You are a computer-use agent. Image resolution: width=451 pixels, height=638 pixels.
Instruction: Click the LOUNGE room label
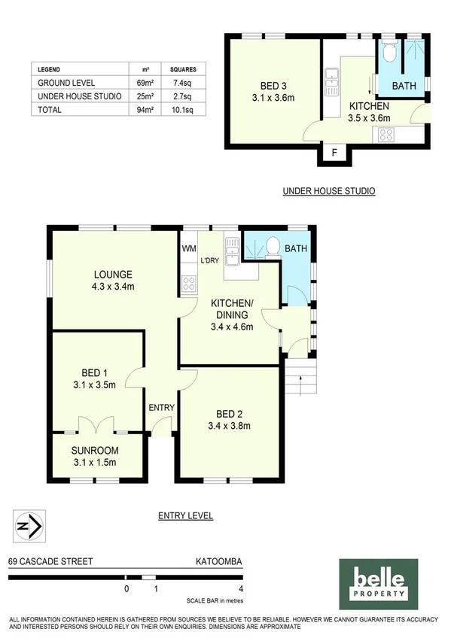click(114, 274)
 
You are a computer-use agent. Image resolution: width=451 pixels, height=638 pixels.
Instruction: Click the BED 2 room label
click(226, 414)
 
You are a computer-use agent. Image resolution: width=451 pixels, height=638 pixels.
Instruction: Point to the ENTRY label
click(162, 408)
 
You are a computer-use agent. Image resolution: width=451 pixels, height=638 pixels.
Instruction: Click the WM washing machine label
click(188, 248)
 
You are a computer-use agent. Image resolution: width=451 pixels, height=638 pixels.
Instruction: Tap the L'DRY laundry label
click(209, 261)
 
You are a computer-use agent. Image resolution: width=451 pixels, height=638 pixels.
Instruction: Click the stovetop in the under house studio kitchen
click(385, 134)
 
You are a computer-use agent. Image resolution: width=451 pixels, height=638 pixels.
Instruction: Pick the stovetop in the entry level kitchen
click(188, 284)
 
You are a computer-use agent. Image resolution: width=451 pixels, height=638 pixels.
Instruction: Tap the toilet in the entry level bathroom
click(273, 245)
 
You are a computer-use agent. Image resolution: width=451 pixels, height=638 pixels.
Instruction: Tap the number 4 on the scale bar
click(240, 589)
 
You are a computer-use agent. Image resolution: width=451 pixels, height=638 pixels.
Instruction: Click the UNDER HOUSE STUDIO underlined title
click(328, 191)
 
